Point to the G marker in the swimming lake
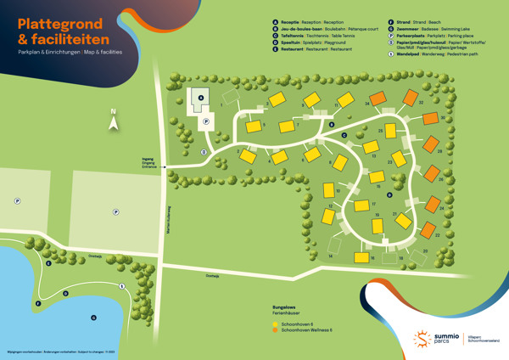pyautogui.click(x=93, y=318)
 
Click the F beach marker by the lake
pyautogui.click(x=38, y=303)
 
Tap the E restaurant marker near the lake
pyautogui.click(x=48, y=263)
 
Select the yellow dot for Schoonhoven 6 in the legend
pyautogui.click(x=275, y=323)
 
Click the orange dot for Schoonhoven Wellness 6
pyautogui.click(x=275, y=329)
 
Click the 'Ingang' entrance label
pyautogui.click(x=148, y=159)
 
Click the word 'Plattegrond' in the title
pyautogui.click(x=61, y=23)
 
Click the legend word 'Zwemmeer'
pyautogui.click(x=407, y=29)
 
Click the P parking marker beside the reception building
pyautogui.click(x=205, y=121)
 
